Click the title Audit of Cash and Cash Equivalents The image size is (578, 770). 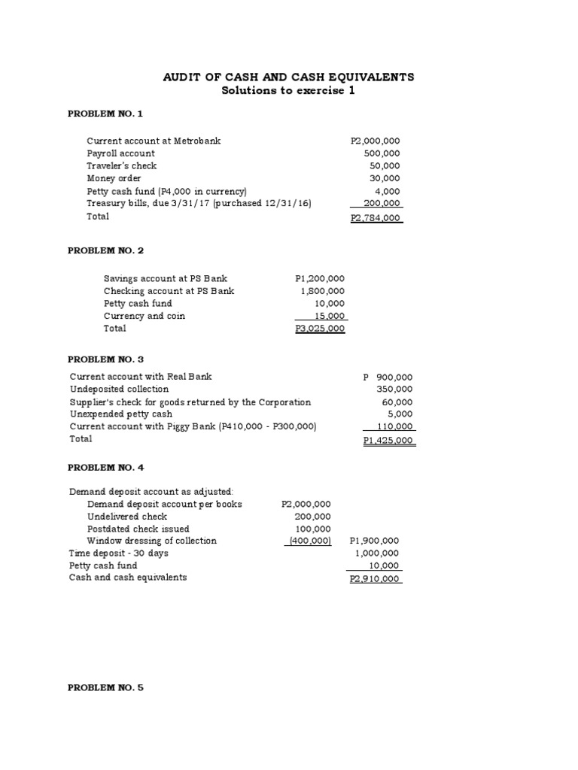[289, 77]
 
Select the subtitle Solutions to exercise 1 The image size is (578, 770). [288, 91]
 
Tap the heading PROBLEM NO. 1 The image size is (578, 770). [105, 114]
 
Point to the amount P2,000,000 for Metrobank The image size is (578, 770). [376, 141]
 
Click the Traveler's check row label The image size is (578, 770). [122, 165]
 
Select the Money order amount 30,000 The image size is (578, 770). [386, 178]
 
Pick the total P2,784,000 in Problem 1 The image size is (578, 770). [376, 218]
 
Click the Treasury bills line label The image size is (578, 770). [199, 203]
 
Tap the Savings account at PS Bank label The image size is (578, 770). [166, 278]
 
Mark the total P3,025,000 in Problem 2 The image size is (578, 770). [321, 329]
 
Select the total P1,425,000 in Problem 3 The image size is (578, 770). [388, 441]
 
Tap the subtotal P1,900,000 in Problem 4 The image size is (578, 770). [375, 541]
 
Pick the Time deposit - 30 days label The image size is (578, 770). [119, 553]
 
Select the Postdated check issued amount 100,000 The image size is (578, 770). [312, 529]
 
